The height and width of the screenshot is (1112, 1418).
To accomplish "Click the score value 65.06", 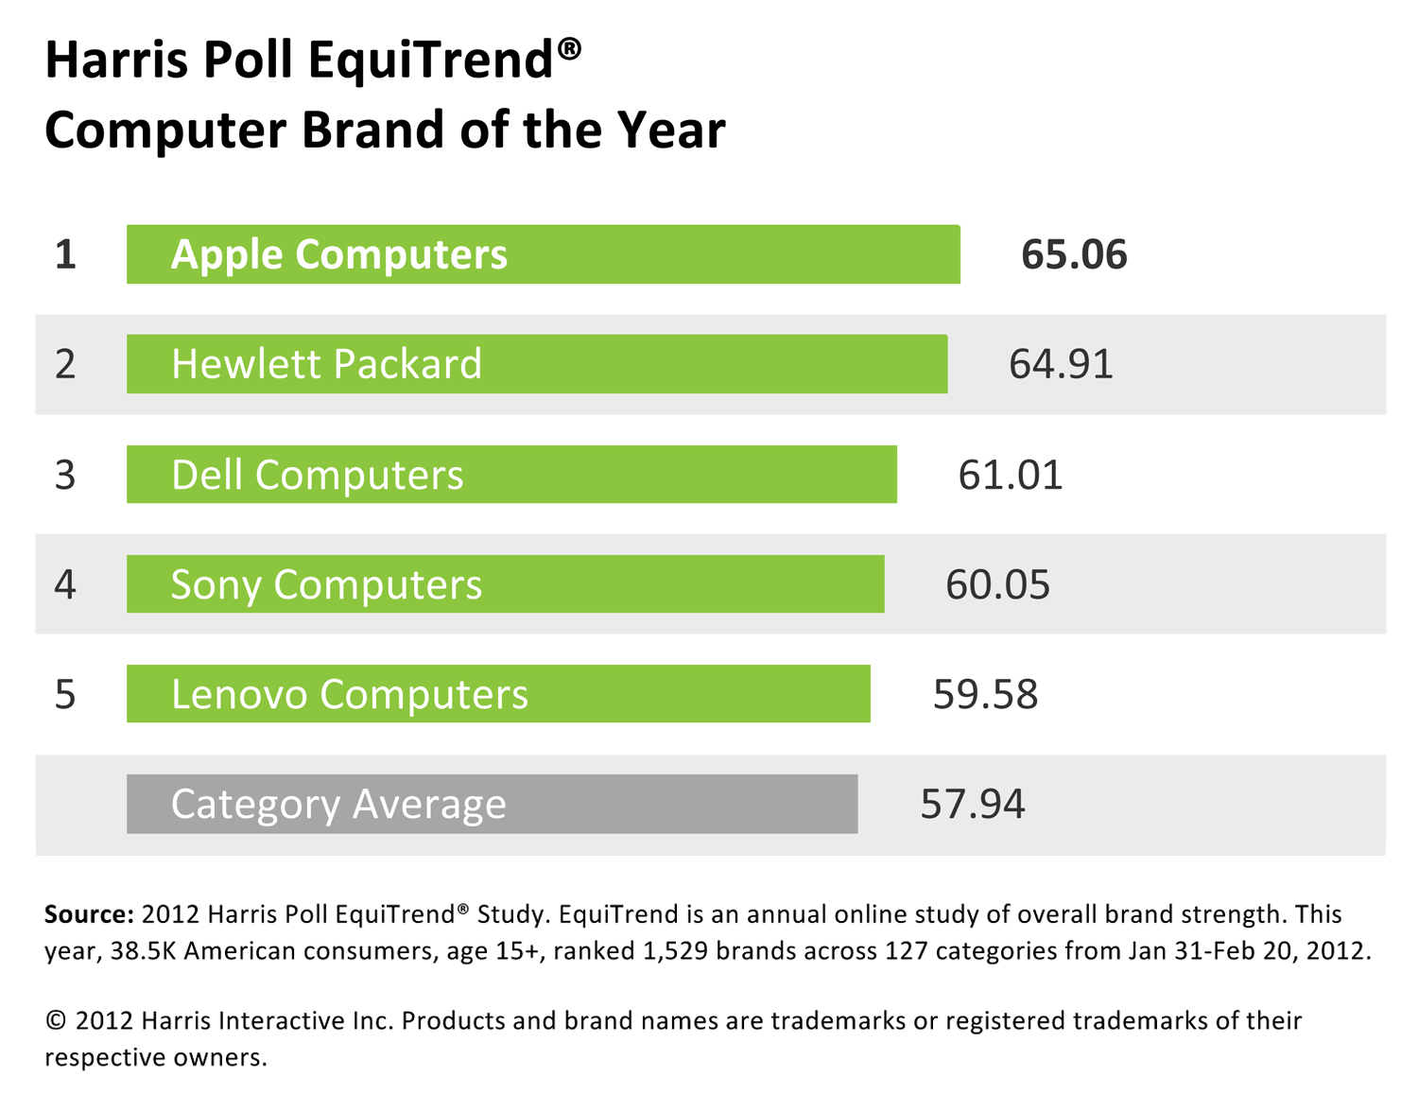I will click(1074, 255).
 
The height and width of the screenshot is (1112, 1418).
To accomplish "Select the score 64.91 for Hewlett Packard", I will click(1061, 364).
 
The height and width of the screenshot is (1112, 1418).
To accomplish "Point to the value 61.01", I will click(1010, 475).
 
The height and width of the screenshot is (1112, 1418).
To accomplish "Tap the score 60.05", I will click(997, 584).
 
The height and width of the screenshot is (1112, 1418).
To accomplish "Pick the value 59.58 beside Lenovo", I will click(985, 694).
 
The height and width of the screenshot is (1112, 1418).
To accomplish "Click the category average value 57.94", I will click(972, 804).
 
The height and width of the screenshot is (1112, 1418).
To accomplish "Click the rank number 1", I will click(65, 255).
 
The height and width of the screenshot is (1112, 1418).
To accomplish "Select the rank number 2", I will click(65, 364).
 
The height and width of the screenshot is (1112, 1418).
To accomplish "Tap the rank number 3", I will click(65, 475).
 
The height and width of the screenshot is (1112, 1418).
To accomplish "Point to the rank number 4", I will click(65, 584).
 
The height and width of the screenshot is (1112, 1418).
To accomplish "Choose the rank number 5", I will click(65, 694).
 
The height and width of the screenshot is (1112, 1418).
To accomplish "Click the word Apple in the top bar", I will click(227, 255).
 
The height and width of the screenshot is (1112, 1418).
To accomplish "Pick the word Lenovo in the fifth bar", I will click(239, 694).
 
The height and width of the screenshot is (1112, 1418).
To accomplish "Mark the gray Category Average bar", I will click(492, 804).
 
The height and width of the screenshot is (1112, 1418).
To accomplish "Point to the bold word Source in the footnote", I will click(89, 914).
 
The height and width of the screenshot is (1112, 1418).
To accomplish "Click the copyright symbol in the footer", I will click(56, 1021).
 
